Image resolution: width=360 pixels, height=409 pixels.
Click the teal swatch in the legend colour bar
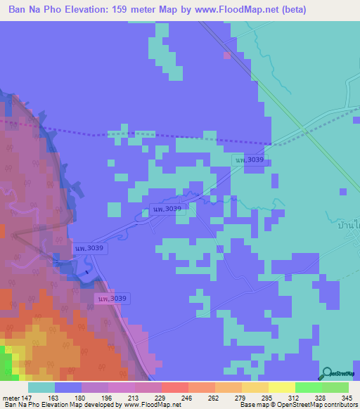click(x=41, y=387)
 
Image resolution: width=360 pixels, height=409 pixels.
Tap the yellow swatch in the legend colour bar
click(x=281, y=387)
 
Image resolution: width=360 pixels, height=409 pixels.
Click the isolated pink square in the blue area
click(x=226, y=55)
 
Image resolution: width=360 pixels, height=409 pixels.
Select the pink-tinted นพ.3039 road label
click(x=112, y=299)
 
